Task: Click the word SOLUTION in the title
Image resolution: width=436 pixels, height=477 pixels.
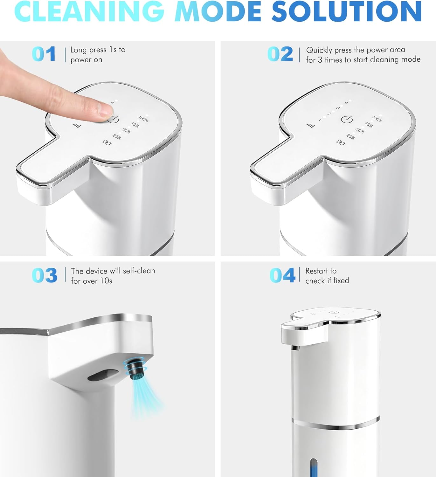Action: click(x=346, y=11)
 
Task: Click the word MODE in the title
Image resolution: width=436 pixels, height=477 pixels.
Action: click(x=218, y=11)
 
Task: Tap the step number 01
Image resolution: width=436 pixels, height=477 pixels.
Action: click(x=44, y=54)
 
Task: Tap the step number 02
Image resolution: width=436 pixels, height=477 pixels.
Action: click(x=280, y=54)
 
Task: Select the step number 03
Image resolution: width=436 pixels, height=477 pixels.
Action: click(x=45, y=275)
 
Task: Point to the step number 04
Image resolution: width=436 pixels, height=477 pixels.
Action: click(x=282, y=275)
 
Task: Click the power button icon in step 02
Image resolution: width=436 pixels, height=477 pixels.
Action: click(x=347, y=119)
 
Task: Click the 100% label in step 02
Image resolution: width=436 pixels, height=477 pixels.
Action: click(x=377, y=119)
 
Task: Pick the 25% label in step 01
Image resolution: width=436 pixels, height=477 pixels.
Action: click(x=116, y=136)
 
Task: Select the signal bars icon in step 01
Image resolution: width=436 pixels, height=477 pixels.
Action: click(x=77, y=126)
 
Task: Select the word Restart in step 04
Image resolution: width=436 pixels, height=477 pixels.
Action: click(x=318, y=271)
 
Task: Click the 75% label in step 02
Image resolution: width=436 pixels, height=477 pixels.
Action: click(x=369, y=125)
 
